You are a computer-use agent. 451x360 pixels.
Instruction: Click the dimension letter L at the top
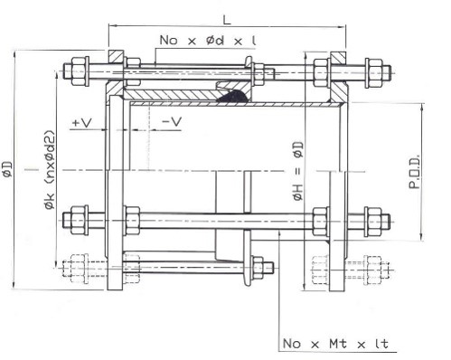coord(227,20)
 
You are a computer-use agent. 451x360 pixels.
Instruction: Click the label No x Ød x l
coord(208,40)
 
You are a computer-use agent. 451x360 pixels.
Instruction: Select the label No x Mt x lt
coord(335,344)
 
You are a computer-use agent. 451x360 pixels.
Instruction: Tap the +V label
coord(82,122)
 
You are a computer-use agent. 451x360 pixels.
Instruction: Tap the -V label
coord(172,121)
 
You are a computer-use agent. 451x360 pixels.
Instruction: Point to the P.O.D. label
coord(415,172)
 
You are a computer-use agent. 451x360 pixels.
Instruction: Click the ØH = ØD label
coord(298,171)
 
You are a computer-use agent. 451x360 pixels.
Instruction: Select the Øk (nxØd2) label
coord(50,170)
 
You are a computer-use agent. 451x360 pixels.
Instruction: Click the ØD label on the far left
coord(7,169)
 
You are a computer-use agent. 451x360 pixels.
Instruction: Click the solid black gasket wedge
coord(233,96)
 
